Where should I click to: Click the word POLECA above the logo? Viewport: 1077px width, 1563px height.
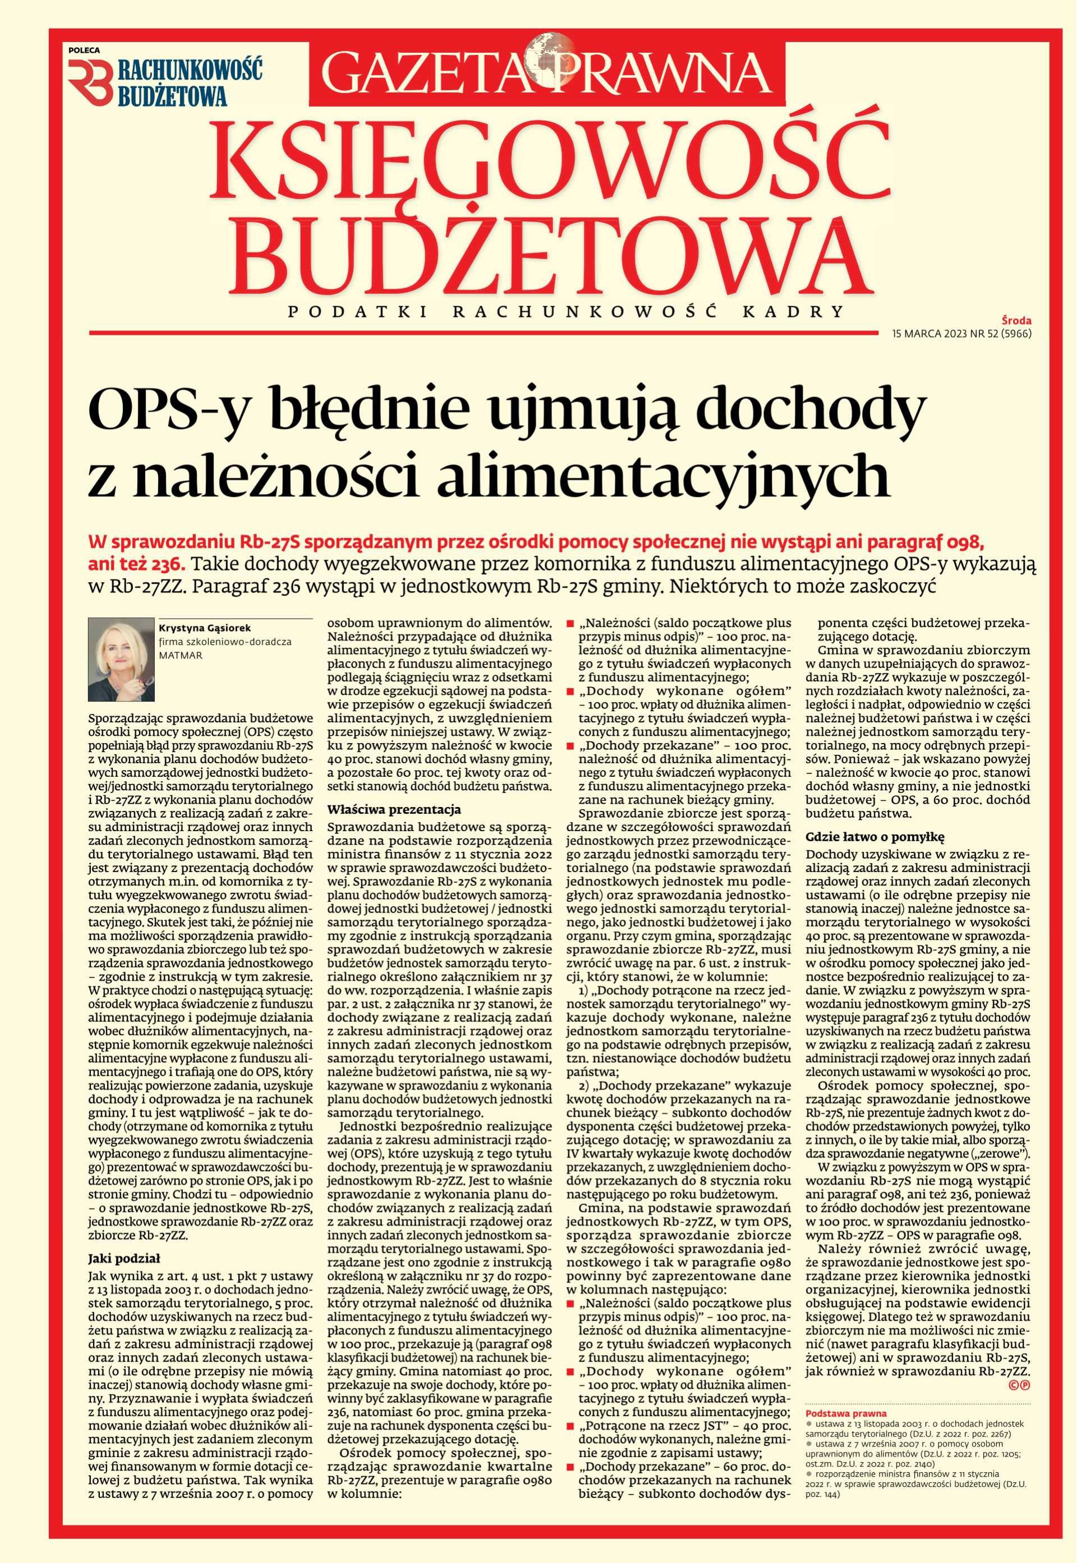[84, 49]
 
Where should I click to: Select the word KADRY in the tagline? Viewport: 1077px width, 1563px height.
[810, 312]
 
